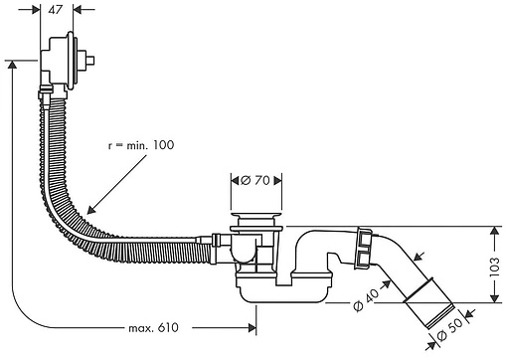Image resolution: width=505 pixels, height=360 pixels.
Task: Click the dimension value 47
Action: point(55,10)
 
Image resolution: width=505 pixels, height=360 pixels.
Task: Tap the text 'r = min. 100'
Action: point(141,145)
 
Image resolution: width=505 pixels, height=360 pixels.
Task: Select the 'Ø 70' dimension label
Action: point(255,181)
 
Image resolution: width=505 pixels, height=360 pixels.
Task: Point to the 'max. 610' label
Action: point(153,328)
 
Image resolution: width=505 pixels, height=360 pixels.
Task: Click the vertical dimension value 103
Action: point(494,268)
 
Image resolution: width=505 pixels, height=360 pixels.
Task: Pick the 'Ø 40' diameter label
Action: point(366,299)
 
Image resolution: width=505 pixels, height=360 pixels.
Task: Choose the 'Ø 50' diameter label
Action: point(449,329)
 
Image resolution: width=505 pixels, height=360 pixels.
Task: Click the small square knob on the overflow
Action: point(90,60)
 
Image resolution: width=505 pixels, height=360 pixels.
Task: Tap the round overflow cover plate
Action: point(70,61)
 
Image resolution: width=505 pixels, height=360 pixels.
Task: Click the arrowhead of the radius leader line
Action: point(90,210)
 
